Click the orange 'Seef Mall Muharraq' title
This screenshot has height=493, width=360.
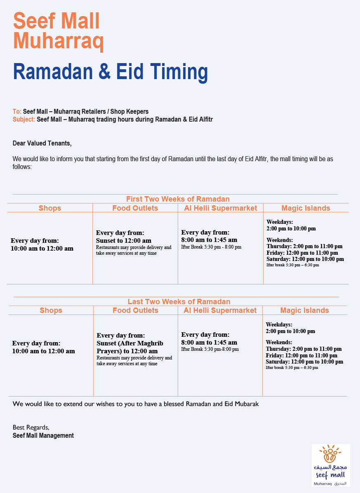click(58, 31)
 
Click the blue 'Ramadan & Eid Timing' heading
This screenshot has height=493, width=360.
click(111, 72)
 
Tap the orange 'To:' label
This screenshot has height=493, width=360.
click(17, 112)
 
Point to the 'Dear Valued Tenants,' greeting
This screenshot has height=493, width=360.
click(42, 143)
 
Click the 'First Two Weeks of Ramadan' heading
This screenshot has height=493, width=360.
click(178, 199)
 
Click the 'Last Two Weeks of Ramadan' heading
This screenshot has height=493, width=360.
click(179, 302)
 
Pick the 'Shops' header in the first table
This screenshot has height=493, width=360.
click(50, 208)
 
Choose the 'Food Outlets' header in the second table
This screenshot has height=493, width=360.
click(135, 310)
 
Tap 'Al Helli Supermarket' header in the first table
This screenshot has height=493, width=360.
click(220, 208)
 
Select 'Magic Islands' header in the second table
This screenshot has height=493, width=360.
click(304, 310)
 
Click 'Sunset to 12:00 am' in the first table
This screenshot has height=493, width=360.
click(123, 240)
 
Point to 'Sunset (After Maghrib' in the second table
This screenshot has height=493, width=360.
click(130, 343)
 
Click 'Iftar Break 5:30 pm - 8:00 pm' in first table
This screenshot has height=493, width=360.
click(211, 247)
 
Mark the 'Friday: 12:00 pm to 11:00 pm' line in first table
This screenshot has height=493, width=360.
click(302, 253)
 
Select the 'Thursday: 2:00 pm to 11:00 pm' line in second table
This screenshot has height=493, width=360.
click(304, 349)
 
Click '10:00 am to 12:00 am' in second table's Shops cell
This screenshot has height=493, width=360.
click(43, 351)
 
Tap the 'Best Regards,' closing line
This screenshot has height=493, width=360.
click(31, 427)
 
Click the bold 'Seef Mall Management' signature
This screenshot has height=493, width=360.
click(43, 435)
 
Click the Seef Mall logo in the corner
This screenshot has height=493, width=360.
click(330, 465)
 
